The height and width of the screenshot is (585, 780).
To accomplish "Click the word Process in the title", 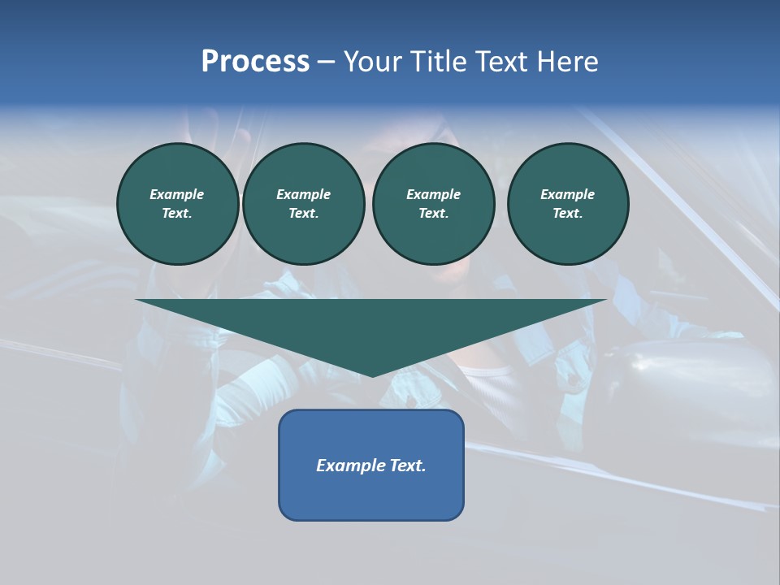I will click(x=255, y=62).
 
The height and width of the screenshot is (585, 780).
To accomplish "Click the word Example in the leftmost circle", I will click(x=177, y=194).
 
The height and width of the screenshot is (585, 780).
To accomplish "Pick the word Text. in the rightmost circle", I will click(x=568, y=213).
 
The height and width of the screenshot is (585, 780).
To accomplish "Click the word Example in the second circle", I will click(x=304, y=194).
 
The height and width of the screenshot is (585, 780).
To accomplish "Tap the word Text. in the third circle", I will click(x=433, y=213).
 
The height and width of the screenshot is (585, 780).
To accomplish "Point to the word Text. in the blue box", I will click(x=408, y=466).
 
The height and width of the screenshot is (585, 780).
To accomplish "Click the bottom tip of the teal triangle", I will click(x=372, y=375).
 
